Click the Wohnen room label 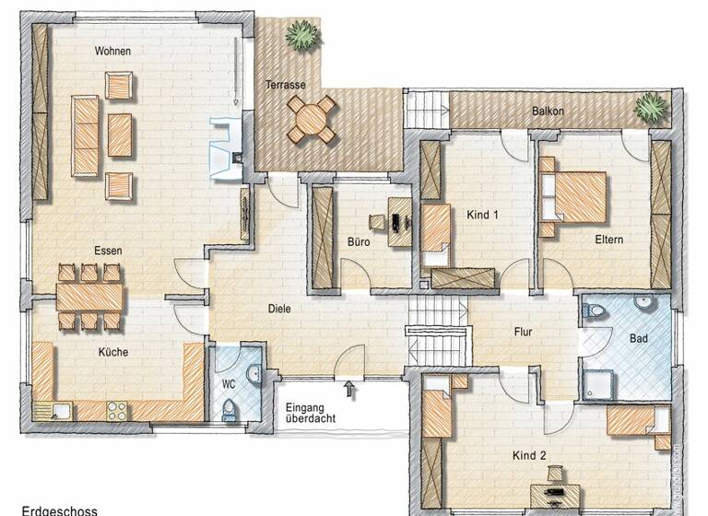(x=112, y=52)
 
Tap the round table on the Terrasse (x=312, y=117)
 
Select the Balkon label (x=548, y=111)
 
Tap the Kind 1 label (x=483, y=216)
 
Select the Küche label (x=114, y=352)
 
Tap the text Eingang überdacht (x=310, y=411)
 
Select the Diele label (x=280, y=309)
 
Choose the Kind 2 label (x=530, y=455)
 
